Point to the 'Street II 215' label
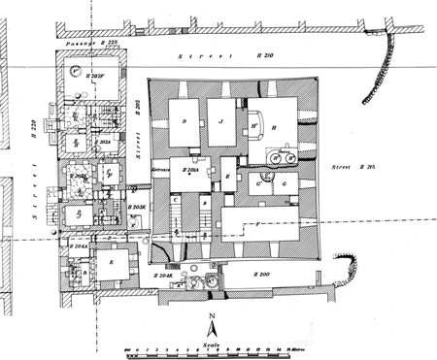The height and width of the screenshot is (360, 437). tap(355, 166)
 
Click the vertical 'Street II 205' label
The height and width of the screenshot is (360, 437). tap(139, 145)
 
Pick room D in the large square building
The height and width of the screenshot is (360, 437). tap(183, 121)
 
